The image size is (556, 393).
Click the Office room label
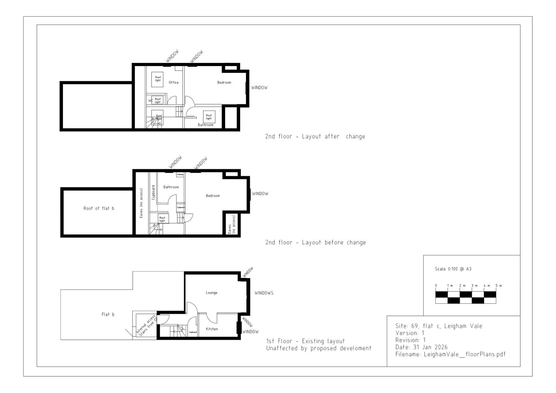coord(173,83)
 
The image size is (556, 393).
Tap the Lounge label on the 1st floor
coord(211,293)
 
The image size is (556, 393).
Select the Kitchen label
coord(212,329)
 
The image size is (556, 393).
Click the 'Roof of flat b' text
coord(99,208)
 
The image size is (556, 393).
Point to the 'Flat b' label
coord(108,314)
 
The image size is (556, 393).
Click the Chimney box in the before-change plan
coord(180,174)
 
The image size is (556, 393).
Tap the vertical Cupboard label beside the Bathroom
coord(153,192)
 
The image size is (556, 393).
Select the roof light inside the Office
coord(158,79)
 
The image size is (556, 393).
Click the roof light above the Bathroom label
coord(208,117)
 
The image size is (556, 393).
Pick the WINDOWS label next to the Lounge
coord(264,293)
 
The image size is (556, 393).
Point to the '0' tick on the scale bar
coord(436,286)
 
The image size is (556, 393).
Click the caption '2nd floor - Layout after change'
coord(315,137)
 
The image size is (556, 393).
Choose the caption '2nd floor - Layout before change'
coord(315,243)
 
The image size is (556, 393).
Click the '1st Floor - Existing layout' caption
coord(305,341)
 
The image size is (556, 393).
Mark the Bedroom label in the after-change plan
coord(224,83)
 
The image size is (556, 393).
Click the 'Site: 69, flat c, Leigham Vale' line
coord(439,326)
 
